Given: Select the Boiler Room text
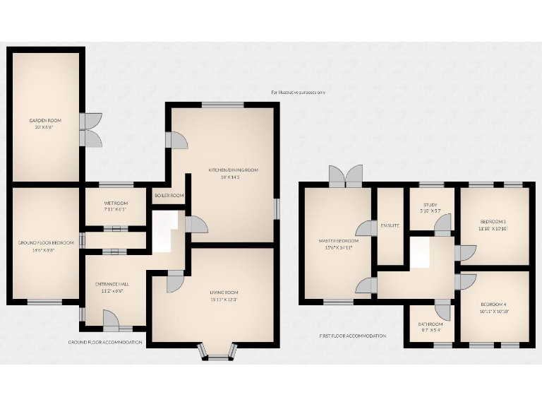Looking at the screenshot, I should [169, 196].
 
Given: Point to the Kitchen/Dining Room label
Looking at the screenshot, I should [234, 170].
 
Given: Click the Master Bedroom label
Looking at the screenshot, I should [338, 242].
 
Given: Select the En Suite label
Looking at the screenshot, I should [390, 225].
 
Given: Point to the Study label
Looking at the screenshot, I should [430, 205].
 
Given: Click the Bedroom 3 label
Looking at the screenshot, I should [493, 221].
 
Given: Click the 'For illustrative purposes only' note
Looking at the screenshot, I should [299, 93].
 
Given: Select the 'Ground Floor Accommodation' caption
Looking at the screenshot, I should [105, 343].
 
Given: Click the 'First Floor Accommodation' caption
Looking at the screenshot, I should [352, 336].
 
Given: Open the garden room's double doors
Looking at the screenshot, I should [90, 130].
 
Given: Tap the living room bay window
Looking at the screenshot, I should [219, 352].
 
